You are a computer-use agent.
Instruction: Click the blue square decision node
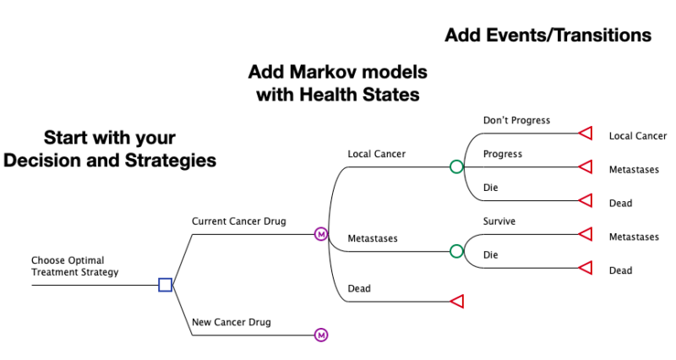pyautogui.click(x=166, y=285)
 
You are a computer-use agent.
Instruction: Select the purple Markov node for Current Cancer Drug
pyautogui.click(x=321, y=234)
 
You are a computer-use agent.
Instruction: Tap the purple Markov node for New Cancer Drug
pyautogui.click(x=321, y=335)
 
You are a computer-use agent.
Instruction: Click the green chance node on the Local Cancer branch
pyautogui.click(x=456, y=166)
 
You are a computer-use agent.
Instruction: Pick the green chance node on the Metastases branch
pyautogui.click(x=456, y=251)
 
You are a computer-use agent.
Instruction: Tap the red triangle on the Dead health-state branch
pyautogui.click(x=457, y=302)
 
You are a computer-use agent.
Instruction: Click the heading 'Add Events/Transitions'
pyautogui.click(x=548, y=35)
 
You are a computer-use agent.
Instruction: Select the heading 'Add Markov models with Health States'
pyautogui.click(x=337, y=83)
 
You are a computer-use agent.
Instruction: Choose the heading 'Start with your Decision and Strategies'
pyautogui.click(x=110, y=149)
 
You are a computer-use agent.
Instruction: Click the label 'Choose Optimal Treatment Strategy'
pyautogui.click(x=74, y=266)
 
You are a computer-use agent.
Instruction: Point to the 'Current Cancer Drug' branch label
pyautogui.click(x=239, y=221)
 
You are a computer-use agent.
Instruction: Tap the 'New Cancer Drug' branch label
pyautogui.click(x=232, y=322)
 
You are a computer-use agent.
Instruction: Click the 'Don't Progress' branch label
pyautogui.click(x=516, y=120)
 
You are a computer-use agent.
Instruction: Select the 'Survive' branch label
pyautogui.click(x=499, y=221)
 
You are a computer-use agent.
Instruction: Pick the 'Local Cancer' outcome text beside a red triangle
pyautogui.click(x=637, y=136)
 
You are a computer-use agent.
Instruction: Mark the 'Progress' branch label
pyautogui.click(x=503, y=154)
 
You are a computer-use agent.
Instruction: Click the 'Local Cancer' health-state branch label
pyautogui.click(x=377, y=154)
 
